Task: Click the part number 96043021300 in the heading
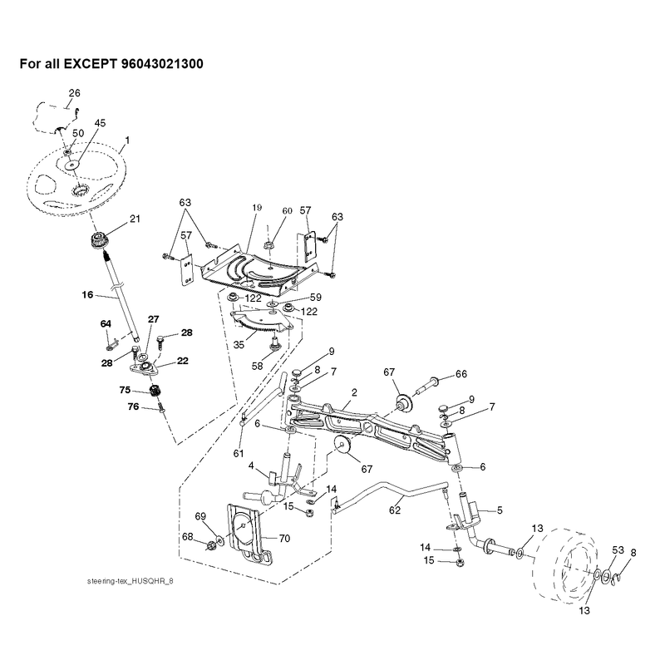click(x=162, y=64)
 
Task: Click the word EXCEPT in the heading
click(x=90, y=64)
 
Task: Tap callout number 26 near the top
click(x=74, y=93)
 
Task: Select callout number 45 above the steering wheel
click(x=100, y=123)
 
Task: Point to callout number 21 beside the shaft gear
click(x=135, y=219)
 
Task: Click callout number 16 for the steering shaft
click(x=87, y=294)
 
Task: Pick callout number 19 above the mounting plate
click(x=257, y=208)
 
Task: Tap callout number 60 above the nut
click(x=287, y=211)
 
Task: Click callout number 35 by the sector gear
click(x=239, y=344)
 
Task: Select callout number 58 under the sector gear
click(x=258, y=366)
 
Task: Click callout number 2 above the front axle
click(x=355, y=392)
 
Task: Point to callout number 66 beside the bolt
click(x=461, y=374)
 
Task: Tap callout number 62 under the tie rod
click(x=395, y=510)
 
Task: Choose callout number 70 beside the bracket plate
click(x=284, y=538)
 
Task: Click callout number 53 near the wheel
click(x=618, y=550)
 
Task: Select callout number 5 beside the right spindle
click(x=500, y=510)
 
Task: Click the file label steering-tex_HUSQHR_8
click(x=131, y=581)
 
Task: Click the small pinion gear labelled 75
click(x=155, y=391)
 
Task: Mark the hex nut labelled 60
click(x=268, y=244)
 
